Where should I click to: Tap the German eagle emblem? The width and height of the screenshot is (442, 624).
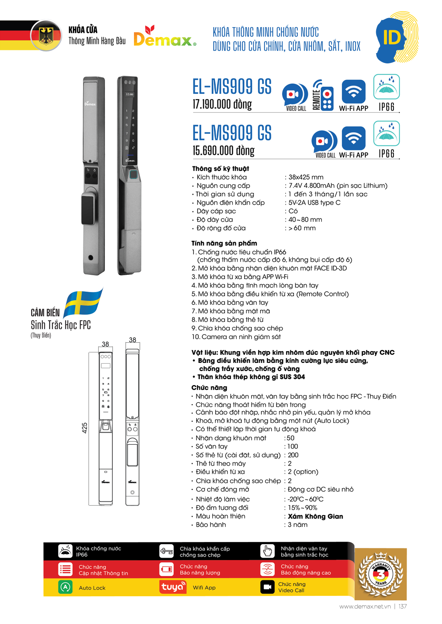46,35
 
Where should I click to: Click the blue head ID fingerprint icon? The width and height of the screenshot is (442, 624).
396,38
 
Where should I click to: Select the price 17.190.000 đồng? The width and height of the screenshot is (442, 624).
222,104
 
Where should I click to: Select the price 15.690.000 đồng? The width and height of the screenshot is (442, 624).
223,151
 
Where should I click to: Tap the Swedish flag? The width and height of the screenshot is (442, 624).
84,302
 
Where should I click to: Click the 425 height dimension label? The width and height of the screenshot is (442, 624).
85,428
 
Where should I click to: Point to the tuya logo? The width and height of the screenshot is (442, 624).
173,587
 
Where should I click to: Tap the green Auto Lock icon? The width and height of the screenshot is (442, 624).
65,587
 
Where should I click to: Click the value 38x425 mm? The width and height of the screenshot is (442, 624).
306,177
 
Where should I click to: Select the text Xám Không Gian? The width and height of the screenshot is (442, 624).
315,516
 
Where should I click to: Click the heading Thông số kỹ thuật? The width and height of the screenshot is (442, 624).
220,169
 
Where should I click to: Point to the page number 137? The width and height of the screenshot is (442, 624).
402,606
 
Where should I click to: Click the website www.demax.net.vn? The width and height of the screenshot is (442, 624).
365,606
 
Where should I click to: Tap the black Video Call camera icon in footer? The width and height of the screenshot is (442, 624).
267,587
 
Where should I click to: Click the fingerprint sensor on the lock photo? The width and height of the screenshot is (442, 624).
133,175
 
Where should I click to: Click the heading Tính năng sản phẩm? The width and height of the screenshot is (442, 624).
224,243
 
